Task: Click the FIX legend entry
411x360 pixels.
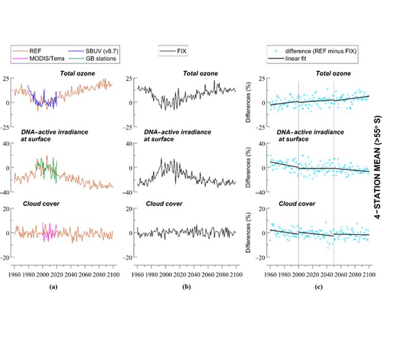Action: (x=181, y=51)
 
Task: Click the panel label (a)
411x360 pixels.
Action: (x=51, y=286)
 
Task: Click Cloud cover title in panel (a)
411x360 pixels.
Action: (x=41, y=204)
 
